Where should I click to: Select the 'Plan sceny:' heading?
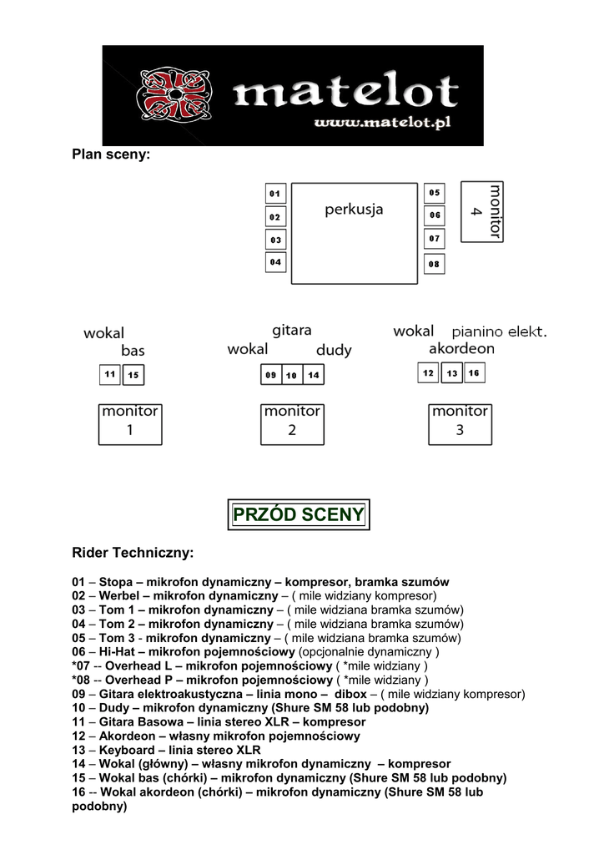coord(111,154)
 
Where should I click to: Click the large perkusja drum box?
coord(354,234)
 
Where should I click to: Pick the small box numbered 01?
coord(275,194)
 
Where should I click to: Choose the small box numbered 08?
coord(434,264)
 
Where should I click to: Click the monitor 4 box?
coord(483,211)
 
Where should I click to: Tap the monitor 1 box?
coord(130,423)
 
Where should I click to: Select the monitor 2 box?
coord(292,423)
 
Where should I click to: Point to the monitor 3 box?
coord(460,423)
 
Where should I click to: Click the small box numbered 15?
coord(133,376)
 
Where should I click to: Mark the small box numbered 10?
coord(292,376)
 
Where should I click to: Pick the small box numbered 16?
coord(474,373)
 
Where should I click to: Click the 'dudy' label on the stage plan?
coord(334,350)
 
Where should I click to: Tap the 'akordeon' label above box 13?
coord(461,348)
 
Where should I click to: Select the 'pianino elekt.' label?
coord(499,331)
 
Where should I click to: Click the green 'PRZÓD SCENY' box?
coord(299,514)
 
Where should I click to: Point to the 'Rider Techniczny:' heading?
coord(133,553)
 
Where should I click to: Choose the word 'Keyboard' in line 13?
coord(125,750)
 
